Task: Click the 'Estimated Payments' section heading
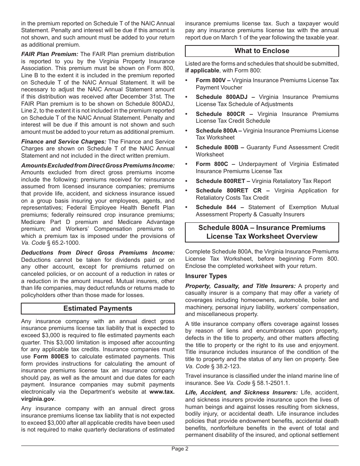(x=98, y=308)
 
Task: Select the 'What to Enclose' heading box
(x=262, y=51)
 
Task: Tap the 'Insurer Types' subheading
(x=206, y=276)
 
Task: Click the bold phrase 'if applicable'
(x=202, y=70)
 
